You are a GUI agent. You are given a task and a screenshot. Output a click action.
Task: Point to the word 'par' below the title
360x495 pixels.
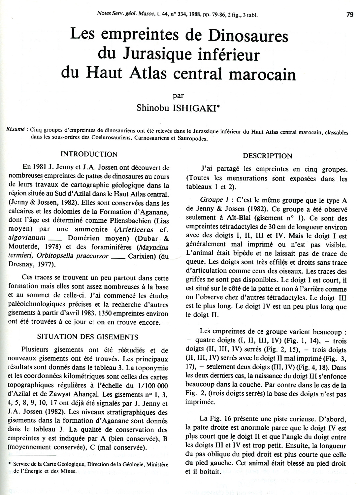pyautogui.click(x=178, y=96)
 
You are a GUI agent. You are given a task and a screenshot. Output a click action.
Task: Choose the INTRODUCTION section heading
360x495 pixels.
pyautogui.click(x=89, y=154)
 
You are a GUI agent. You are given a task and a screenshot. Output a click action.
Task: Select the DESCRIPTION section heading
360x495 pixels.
pyautogui.click(x=267, y=156)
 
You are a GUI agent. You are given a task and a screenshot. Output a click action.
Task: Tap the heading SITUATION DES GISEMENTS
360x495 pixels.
pyautogui.click(x=88, y=337)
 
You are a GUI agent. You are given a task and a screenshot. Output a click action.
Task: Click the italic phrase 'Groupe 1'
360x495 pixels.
pyautogui.click(x=212, y=200)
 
